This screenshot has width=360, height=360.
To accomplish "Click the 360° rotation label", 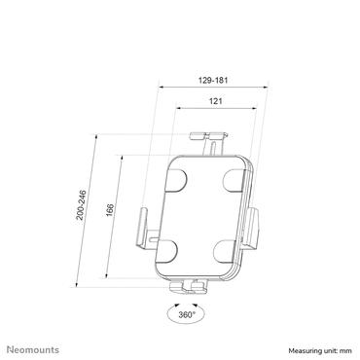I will point(185,314).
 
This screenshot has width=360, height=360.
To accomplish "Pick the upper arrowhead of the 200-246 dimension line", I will point(95,136).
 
